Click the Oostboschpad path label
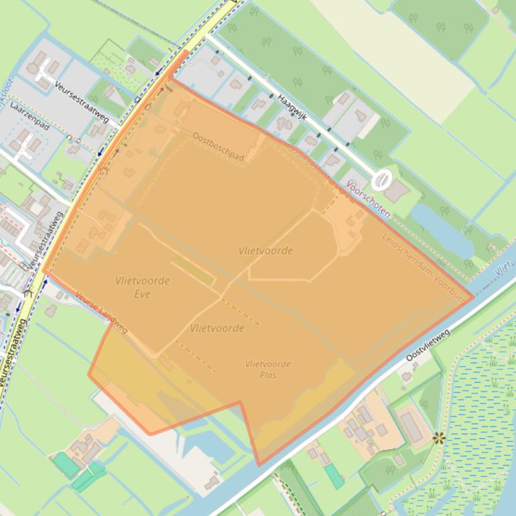tap(218, 146)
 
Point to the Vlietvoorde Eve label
tap(142, 287)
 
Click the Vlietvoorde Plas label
tap(268, 369)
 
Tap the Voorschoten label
tap(368, 198)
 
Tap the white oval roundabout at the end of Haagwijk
tap(382, 179)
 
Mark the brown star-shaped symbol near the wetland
tap(439, 439)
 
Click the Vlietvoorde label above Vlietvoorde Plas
tap(216, 328)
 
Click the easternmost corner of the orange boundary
tap(473, 296)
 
